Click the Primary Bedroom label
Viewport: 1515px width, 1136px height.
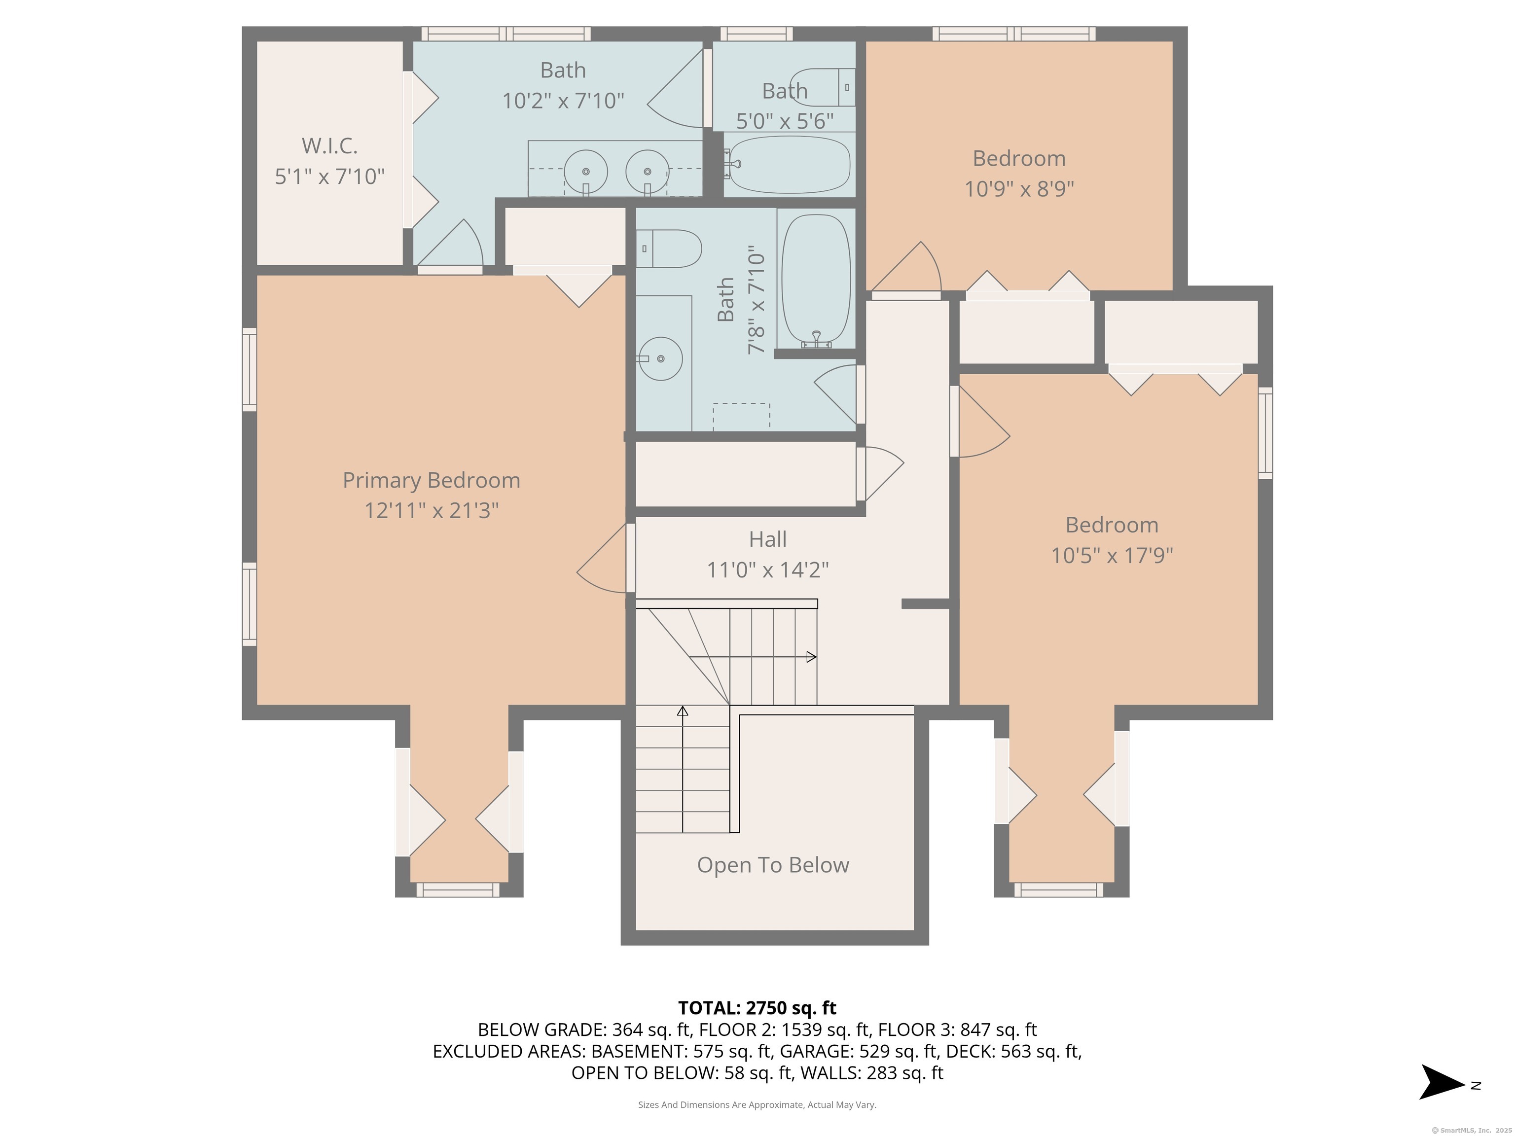pyautogui.click(x=431, y=480)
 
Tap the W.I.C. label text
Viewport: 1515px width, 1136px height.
pyautogui.click(x=329, y=146)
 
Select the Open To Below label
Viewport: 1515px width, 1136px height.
pyautogui.click(x=773, y=865)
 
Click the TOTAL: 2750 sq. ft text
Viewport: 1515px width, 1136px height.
pyautogui.click(x=757, y=1008)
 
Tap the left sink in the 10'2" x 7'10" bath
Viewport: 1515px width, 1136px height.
pyautogui.click(x=585, y=171)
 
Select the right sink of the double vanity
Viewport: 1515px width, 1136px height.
pyautogui.click(x=647, y=171)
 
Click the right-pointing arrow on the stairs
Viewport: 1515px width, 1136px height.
pyautogui.click(x=810, y=657)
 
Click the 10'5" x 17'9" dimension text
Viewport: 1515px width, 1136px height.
pyautogui.click(x=1112, y=555)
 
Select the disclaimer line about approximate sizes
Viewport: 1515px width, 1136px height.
pyautogui.click(x=757, y=1104)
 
